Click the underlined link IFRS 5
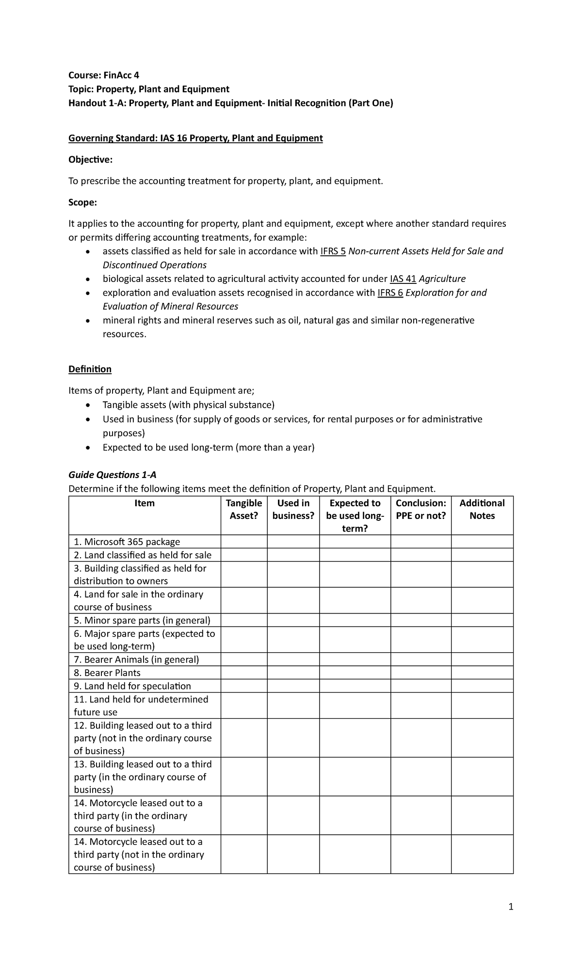pyautogui.click(x=333, y=251)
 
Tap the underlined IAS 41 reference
pyautogui.click(x=403, y=279)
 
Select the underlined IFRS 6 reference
pyautogui.click(x=390, y=293)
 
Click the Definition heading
pyautogui.click(x=90, y=369)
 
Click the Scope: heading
pyautogui.click(x=82, y=202)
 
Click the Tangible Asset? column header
pyautogui.click(x=244, y=510)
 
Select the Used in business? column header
pyautogui.click(x=293, y=510)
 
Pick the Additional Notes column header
pyautogui.click(x=482, y=510)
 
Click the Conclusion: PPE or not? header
pyautogui.click(x=420, y=510)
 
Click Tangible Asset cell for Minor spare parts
pyautogui.click(x=244, y=620)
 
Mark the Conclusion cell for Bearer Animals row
pyautogui.click(x=420, y=660)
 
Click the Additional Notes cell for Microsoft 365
pyautogui.click(x=482, y=542)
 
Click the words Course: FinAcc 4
pyautogui.click(x=104, y=75)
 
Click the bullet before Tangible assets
pyautogui.click(x=87, y=405)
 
